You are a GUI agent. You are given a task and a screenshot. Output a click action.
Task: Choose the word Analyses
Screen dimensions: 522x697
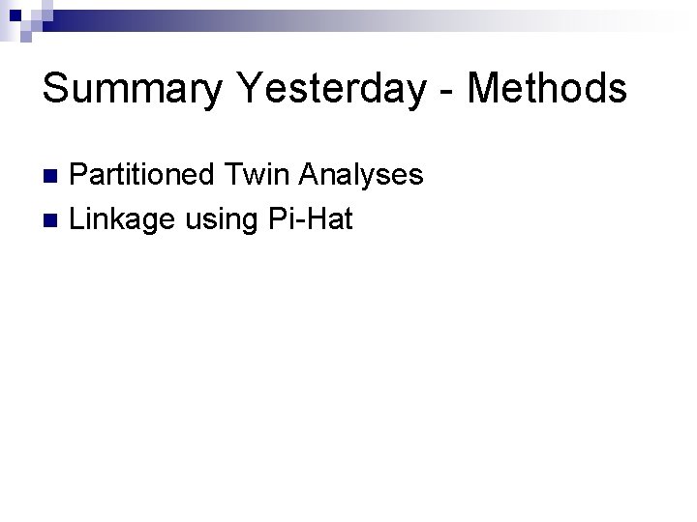[363, 175]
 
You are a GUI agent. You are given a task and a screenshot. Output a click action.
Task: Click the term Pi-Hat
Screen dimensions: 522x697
[313, 218]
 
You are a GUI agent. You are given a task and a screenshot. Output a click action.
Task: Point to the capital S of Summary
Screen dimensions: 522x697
[57, 88]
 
